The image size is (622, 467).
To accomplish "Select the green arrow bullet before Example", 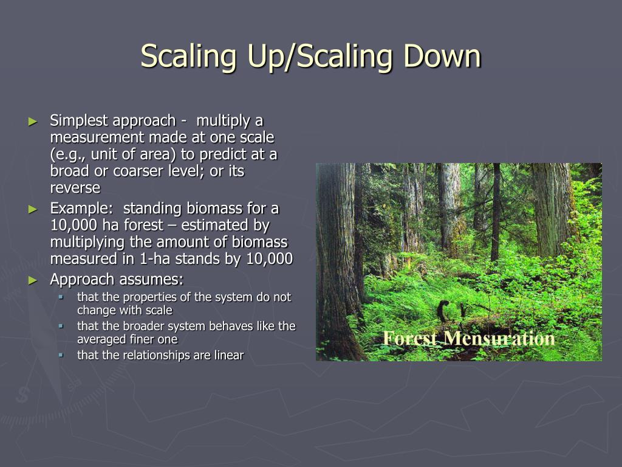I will [x=33, y=209].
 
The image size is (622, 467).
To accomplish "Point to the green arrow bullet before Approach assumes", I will [x=33, y=280].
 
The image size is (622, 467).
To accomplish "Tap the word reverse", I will [x=75, y=188].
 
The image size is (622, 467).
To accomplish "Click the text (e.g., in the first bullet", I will [x=69, y=154].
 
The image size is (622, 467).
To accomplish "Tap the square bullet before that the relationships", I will [x=61, y=355].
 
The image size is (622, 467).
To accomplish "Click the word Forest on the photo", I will [x=411, y=338].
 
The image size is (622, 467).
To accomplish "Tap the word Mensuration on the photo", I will [x=499, y=338].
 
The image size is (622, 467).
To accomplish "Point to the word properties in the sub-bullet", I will [x=146, y=297].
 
